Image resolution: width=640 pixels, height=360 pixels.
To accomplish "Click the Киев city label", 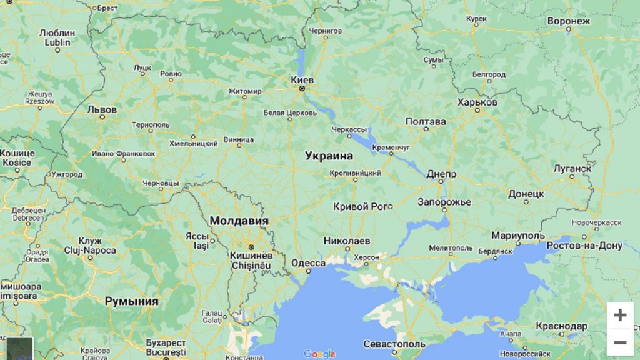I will pos(302,80).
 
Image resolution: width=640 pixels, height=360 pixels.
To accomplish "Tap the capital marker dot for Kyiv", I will pos(302,89).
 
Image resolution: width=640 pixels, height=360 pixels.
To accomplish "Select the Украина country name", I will pos(329,156).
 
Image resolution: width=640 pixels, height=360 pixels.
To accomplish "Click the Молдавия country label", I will pos(239,221).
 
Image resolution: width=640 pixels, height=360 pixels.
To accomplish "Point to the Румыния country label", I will pos(131,301).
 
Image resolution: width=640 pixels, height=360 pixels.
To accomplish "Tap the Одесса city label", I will pos(308,263).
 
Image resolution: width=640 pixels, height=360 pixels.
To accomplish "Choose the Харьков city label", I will pos(477,102).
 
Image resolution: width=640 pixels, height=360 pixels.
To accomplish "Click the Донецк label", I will pos(526,194).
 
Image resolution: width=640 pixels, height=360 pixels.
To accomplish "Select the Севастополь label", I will pos(394,344).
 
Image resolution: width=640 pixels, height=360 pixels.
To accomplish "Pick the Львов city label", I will pos(102,108).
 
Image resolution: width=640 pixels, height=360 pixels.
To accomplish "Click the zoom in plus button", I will pos(620,315).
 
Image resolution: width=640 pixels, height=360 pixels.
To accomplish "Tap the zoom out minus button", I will pos(620,342).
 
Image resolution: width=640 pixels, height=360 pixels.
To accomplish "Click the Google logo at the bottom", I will pos(319,354).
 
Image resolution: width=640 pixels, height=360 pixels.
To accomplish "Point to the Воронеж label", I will pos(568,21).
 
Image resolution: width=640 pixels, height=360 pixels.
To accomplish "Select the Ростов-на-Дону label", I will pos(584,246).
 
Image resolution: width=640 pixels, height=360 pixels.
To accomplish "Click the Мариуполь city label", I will pos(518,236).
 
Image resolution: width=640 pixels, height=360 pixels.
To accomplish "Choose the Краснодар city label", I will pos(561,326).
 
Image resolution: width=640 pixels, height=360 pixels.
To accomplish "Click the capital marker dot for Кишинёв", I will pos(251,247).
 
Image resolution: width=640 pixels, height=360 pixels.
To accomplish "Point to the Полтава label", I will pos(426,121).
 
